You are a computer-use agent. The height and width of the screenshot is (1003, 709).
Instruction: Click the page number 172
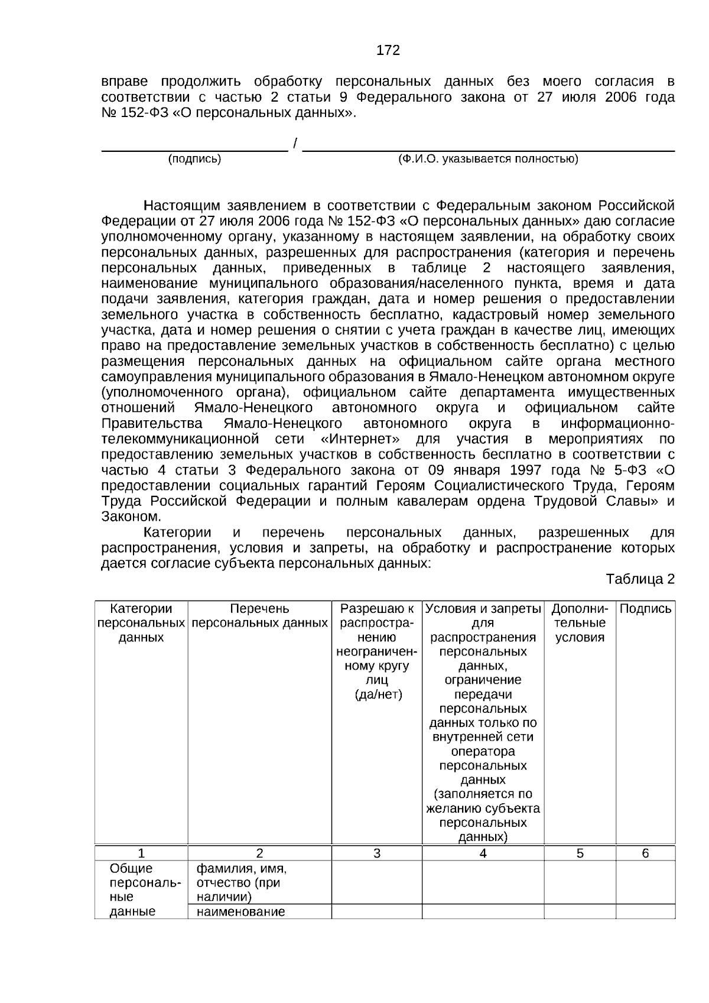pyautogui.click(x=388, y=51)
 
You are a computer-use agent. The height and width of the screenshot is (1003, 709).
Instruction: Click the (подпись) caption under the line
pyautogui.click(x=194, y=159)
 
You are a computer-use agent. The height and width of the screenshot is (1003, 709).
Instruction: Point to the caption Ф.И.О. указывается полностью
pyautogui.click(x=488, y=159)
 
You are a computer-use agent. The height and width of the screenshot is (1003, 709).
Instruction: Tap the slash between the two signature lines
pyautogui.click(x=295, y=144)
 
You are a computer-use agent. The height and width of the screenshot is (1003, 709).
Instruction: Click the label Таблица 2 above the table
pyautogui.click(x=640, y=579)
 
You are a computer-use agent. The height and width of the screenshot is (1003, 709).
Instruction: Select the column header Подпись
pyautogui.click(x=645, y=609)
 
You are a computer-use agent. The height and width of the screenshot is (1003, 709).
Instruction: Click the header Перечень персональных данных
pyautogui.click(x=259, y=616)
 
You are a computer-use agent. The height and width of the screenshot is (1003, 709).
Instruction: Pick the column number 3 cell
pyautogui.click(x=377, y=853)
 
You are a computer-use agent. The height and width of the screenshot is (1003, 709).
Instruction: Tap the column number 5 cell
pyautogui.click(x=580, y=853)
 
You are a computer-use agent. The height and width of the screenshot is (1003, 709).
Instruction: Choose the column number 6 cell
pyautogui.click(x=645, y=853)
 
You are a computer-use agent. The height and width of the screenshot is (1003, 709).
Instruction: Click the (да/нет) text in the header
pyautogui.click(x=378, y=694)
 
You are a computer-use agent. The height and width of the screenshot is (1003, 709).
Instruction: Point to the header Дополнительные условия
pyautogui.click(x=580, y=623)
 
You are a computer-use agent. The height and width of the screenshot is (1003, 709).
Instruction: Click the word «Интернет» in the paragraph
pyautogui.click(x=360, y=439)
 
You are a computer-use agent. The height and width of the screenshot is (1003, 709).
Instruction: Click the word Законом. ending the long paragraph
pyautogui.click(x=131, y=517)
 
